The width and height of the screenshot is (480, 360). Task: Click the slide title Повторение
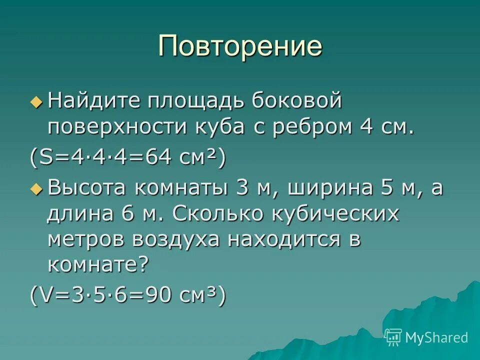point(240,46)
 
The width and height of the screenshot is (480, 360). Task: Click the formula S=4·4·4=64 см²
point(127,159)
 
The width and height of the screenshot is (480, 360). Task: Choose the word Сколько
point(218,214)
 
